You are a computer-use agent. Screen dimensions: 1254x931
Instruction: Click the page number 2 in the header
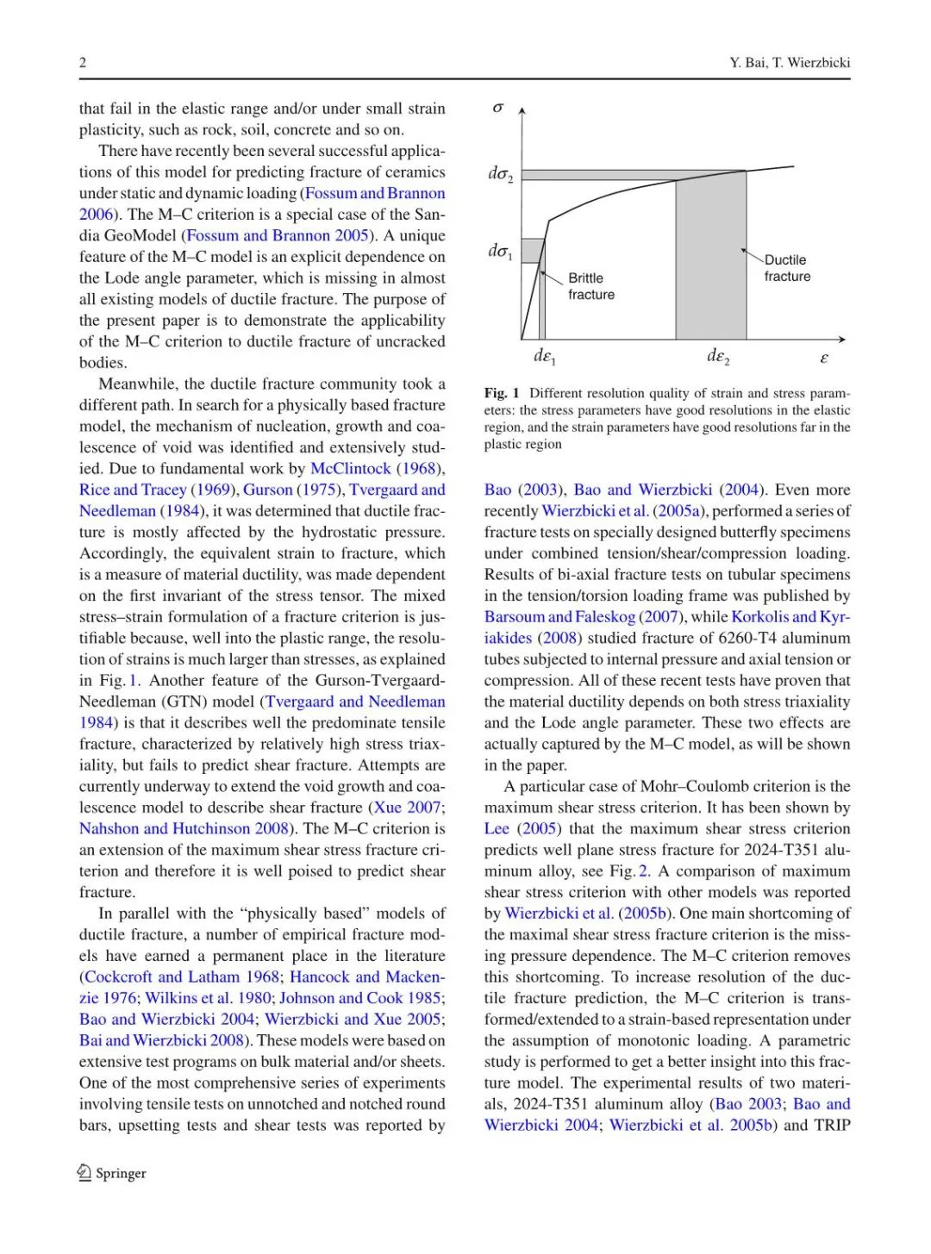pyautogui.click(x=83, y=62)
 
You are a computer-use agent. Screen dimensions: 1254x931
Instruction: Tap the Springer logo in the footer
pyautogui.click(x=112, y=1173)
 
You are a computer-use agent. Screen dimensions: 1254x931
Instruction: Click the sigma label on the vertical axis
pyautogui.click(x=497, y=108)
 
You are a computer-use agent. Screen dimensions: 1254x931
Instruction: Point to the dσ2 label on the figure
pyautogui.click(x=500, y=174)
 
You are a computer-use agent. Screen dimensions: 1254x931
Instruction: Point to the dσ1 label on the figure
pyautogui.click(x=500, y=251)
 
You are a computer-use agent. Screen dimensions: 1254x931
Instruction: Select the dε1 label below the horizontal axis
pyautogui.click(x=545, y=356)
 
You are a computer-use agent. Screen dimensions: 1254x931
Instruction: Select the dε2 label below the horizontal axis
pyautogui.click(x=718, y=356)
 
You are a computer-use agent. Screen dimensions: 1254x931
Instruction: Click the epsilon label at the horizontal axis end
pyautogui.click(x=824, y=357)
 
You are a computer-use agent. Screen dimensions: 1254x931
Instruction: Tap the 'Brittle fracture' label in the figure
pyautogui.click(x=591, y=286)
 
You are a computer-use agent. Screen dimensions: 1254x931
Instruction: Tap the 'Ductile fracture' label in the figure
pyautogui.click(x=787, y=268)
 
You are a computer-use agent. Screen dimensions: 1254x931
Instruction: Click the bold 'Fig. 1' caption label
pyautogui.click(x=502, y=393)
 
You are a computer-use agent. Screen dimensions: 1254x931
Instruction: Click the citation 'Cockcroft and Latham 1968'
pyautogui.click(x=181, y=977)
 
